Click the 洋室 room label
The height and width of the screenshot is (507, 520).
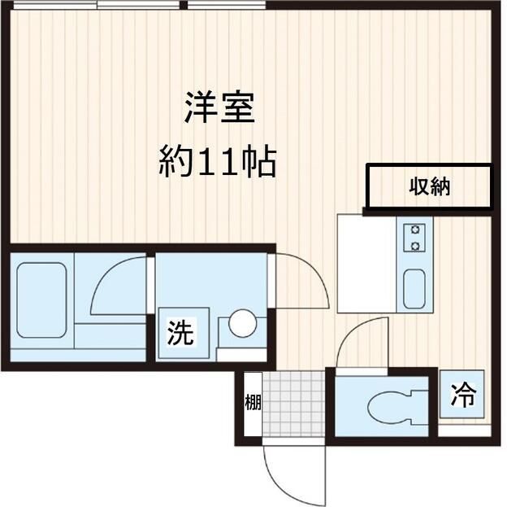tap(219, 108)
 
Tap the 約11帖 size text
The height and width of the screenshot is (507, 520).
tap(217, 163)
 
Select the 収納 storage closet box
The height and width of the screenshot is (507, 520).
tap(429, 186)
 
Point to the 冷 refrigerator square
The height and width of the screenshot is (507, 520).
tap(463, 395)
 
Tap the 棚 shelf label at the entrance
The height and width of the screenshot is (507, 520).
tap(253, 403)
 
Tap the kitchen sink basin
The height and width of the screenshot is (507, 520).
tap(414, 289)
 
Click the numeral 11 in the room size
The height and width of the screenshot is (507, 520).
tap(229, 164)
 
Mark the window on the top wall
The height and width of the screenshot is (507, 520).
tap(138, 5)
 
